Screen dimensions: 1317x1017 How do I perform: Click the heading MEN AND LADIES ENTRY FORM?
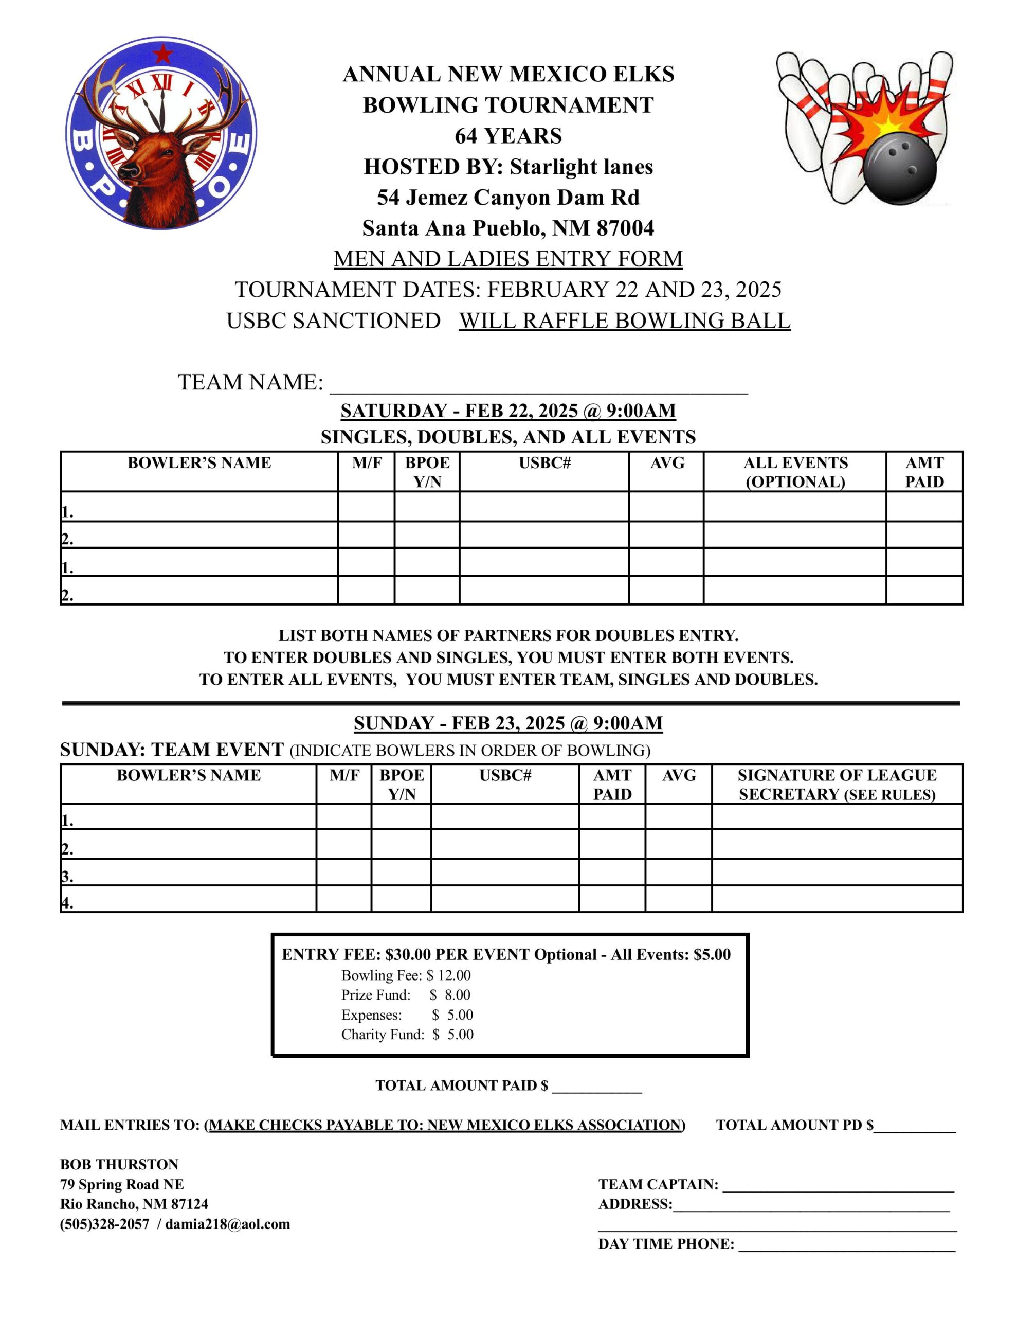tap(507, 259)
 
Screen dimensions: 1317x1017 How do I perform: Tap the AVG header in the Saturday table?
tap(667, 463)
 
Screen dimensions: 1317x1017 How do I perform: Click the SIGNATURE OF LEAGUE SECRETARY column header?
tap(836, 785)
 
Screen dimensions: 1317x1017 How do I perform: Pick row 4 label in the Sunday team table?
tap(67, 903)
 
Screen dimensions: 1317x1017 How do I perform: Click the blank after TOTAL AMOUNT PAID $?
tap(596, 1086)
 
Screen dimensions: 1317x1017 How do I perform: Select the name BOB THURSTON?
tap(119, 1164)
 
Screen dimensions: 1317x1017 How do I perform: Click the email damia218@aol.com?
tap(227, 1224)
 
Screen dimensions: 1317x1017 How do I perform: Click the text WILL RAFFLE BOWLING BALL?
tap(624, 321)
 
